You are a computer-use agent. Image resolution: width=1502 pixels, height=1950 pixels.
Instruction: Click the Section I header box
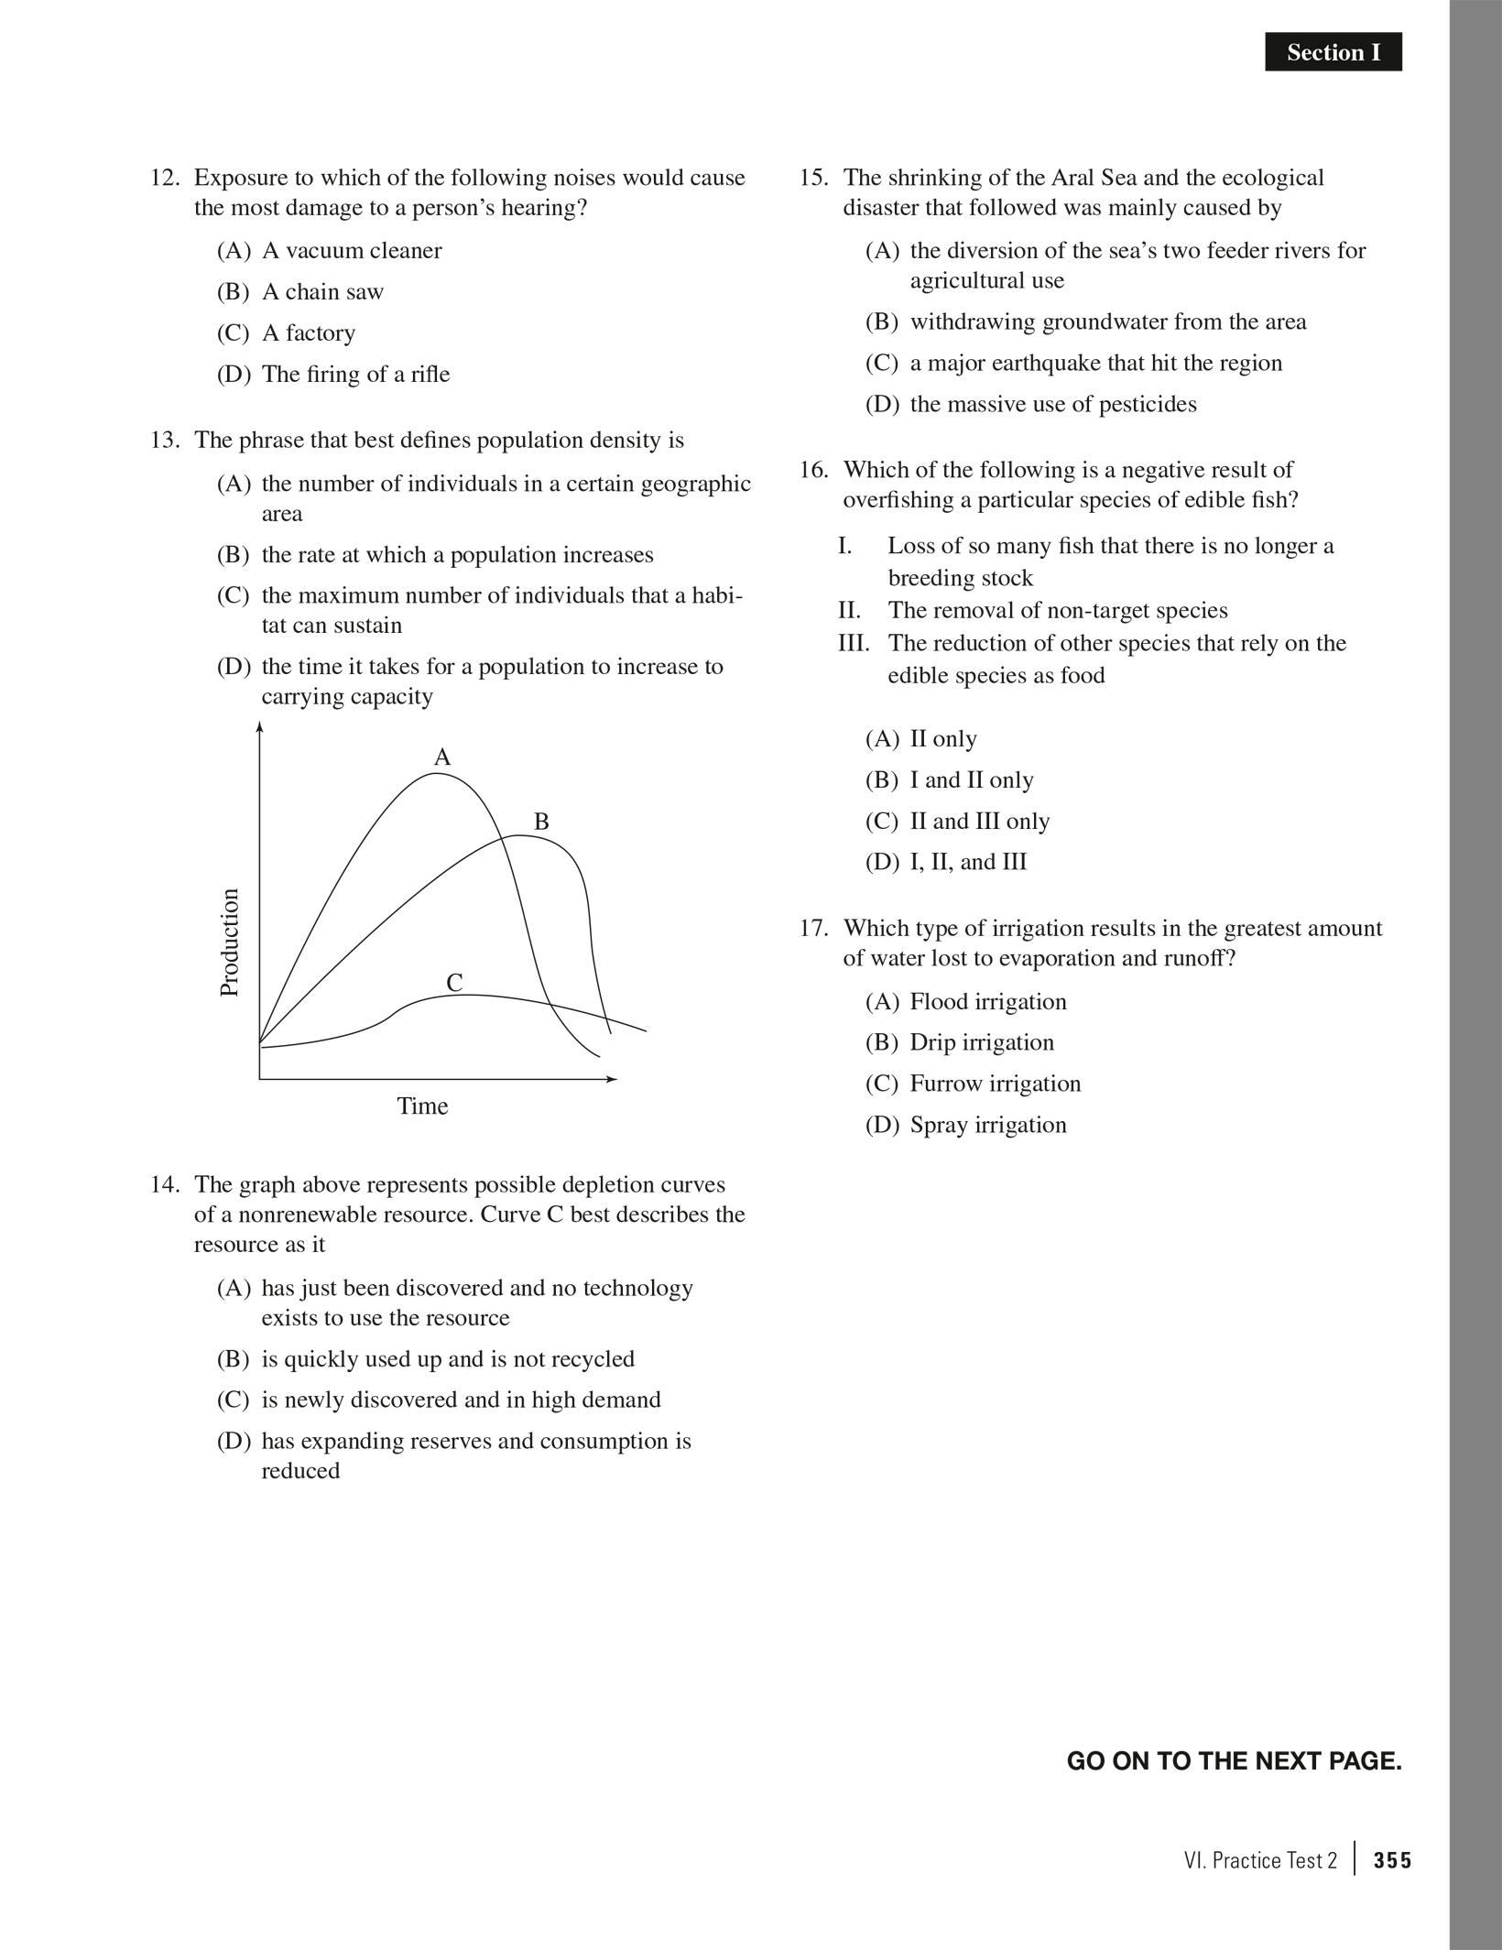click(1333, 53)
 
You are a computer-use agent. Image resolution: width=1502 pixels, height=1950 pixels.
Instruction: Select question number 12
click(164, 178)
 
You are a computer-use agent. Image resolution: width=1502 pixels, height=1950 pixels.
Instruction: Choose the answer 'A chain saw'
click(322, 292)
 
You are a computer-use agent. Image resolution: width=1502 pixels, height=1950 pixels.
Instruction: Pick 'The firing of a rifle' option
click(355, 375)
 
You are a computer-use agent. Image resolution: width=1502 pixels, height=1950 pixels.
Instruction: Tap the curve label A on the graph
click(442, 757)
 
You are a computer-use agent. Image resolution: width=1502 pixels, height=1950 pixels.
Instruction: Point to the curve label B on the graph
click(541, 822)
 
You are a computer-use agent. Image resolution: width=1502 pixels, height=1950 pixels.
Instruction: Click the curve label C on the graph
click(454, 983)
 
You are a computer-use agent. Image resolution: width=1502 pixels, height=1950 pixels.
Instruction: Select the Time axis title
click(422, 1106)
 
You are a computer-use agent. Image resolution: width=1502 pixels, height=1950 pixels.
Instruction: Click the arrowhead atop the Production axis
click(260, 728)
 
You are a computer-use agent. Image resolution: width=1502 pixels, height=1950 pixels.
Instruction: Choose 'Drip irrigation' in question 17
click(981, 1042)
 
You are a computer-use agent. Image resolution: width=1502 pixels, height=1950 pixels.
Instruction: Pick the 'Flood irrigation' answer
click(987, 1002)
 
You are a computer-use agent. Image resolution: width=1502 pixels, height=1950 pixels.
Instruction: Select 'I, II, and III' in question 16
click(968, 862)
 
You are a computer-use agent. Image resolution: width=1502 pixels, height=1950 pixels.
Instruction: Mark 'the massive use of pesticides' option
click(1052, 405)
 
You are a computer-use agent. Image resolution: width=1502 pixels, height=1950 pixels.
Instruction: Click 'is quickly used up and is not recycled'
click(448, 1359)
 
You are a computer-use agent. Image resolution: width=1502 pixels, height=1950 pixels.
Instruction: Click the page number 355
click(1392, 1861)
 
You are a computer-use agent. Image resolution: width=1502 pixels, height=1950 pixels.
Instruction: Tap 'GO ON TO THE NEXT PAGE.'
click(1234, 1761)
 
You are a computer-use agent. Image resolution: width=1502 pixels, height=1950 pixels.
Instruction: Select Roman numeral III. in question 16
click(854, 643)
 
